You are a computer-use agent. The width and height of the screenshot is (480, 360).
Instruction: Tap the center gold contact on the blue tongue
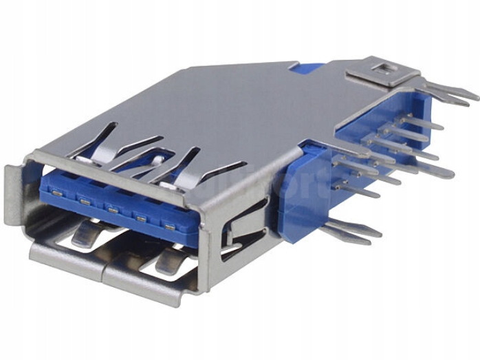click(111, 207)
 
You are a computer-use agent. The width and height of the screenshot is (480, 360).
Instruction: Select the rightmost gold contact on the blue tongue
click(168, 224)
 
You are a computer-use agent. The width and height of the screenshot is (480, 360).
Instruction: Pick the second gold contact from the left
click(84, 200)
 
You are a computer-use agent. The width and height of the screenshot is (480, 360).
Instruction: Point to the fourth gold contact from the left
click(140, 217)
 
